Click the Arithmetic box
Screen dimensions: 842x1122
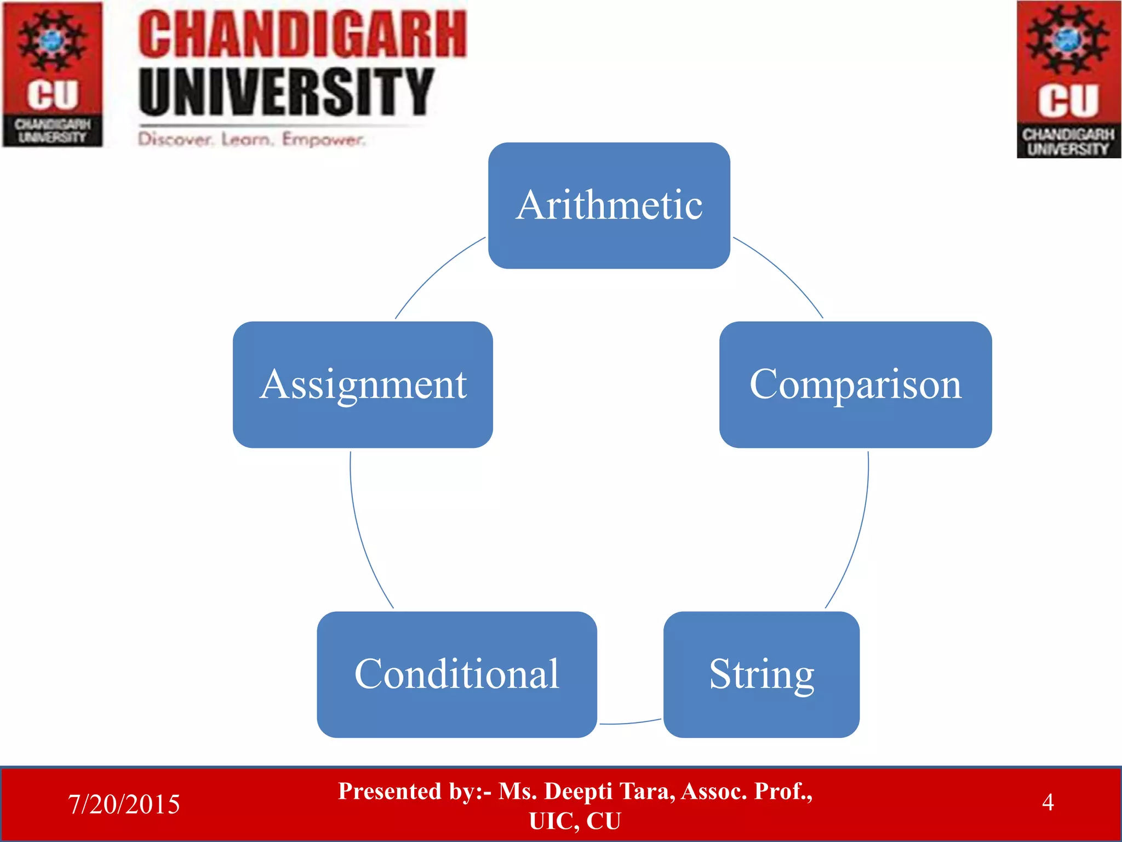pos(609,206)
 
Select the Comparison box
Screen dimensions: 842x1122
pos(855,384)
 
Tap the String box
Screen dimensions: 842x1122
pos(761,674)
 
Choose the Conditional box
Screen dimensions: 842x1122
pos(456,674)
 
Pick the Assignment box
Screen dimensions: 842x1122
pos(363,384)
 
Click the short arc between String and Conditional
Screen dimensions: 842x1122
pos(630,723)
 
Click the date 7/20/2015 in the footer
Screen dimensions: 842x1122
pos(124,804)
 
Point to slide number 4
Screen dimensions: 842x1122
pos(1047,803)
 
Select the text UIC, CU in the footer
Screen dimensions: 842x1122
pos(575,821)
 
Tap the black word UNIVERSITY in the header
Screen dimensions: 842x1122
pos(286,92)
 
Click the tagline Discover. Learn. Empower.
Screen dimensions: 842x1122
pos(251,139)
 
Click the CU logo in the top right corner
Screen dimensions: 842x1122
pos(1068,79)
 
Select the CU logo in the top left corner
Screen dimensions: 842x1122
pos(53,74)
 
